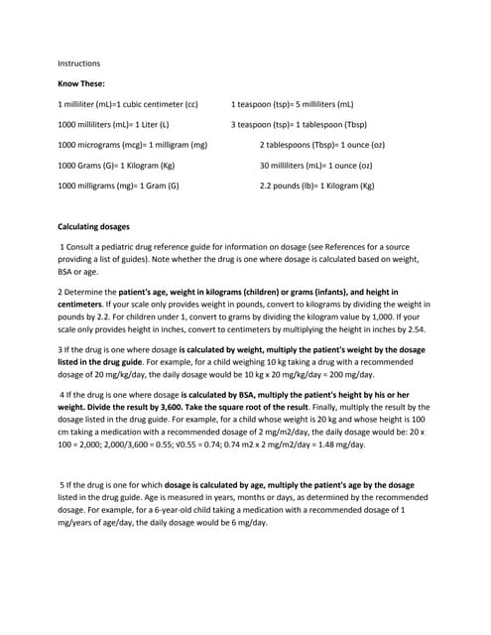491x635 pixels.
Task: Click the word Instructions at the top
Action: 79,63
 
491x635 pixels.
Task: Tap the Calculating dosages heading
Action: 97,226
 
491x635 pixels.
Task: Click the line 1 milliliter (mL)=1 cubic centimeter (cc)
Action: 129,104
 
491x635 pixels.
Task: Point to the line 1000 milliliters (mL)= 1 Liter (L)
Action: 114,125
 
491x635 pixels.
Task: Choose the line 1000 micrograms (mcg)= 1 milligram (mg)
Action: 133,145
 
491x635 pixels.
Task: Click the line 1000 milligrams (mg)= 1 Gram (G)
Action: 119,186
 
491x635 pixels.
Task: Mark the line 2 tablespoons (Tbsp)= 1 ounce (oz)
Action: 322,145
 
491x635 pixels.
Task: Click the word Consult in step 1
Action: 83,246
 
